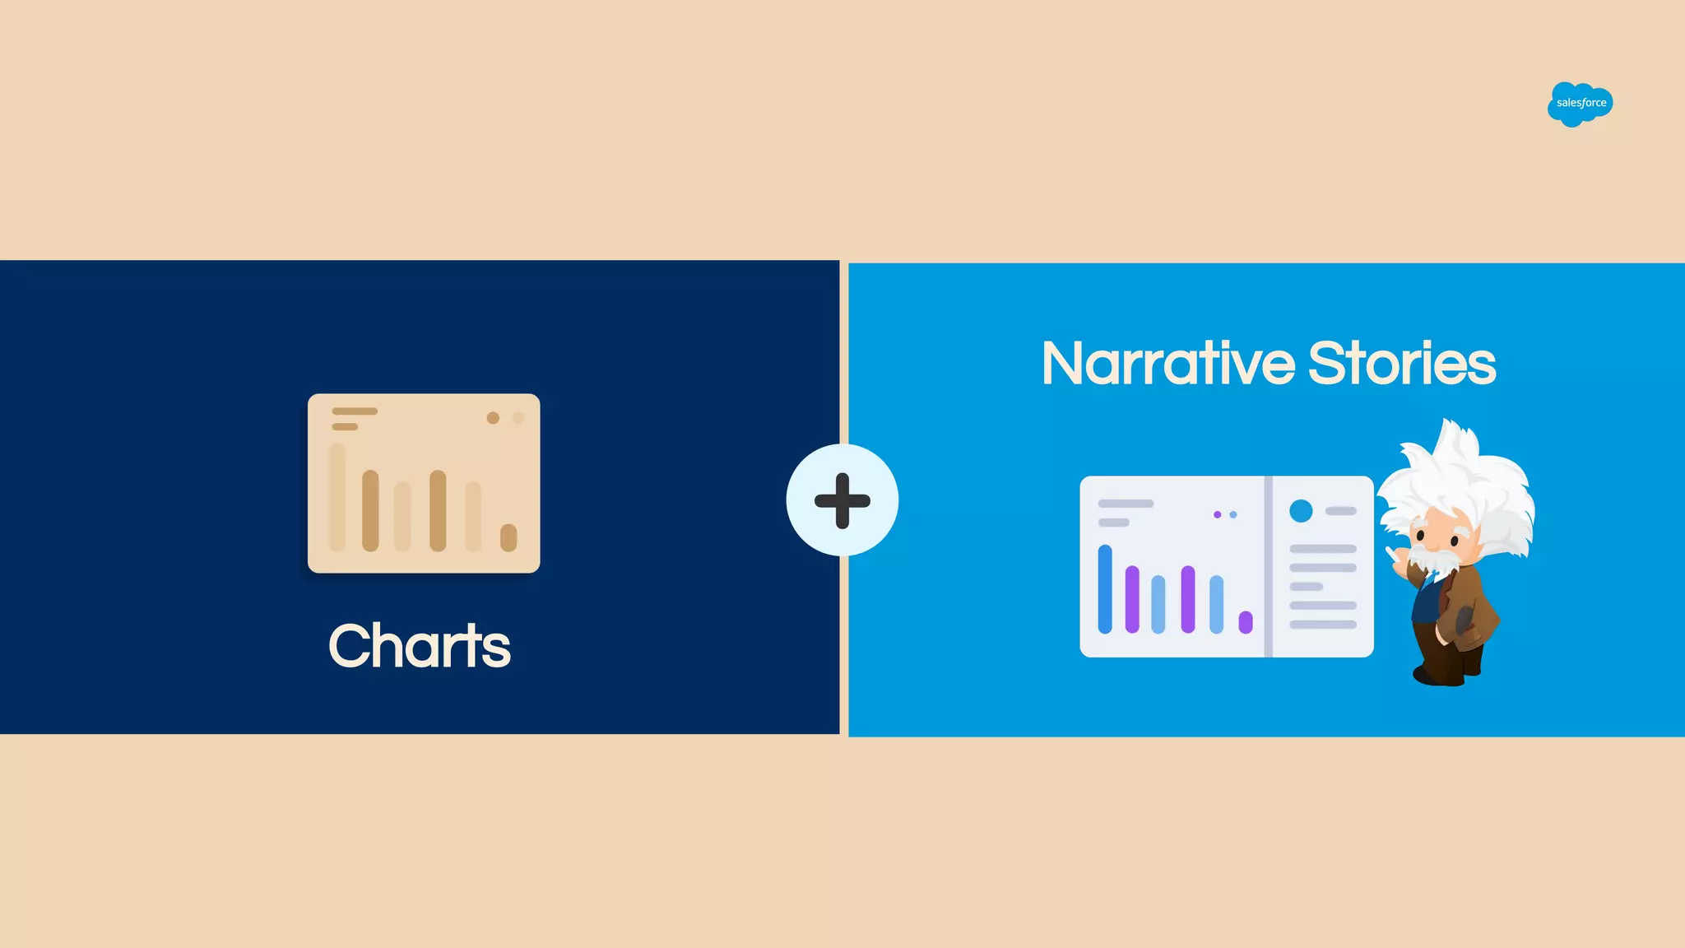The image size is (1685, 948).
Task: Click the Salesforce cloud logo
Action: [1580, 104]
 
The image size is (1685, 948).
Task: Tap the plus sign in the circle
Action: [842, 500]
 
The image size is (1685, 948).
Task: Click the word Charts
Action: [420, 646]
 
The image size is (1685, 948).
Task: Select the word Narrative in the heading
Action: [1168, 364]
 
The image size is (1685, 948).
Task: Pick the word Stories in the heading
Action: [1402, 364]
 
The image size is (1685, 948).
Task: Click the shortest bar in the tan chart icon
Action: [508, 537]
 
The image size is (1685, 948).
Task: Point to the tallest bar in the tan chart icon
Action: [337, 497]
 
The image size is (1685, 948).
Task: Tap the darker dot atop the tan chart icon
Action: [493, 418]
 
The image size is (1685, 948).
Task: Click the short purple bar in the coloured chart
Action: [1246, 622]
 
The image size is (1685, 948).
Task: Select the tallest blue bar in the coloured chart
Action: [1105, 589]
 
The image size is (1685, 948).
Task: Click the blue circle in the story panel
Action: [1301, 511]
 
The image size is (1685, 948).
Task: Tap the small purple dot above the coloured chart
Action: [1217, 515]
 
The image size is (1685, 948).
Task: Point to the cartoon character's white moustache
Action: [1436, 560]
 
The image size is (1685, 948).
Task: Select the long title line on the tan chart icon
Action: [355, 411]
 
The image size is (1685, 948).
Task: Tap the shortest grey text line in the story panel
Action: [1306, 587]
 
